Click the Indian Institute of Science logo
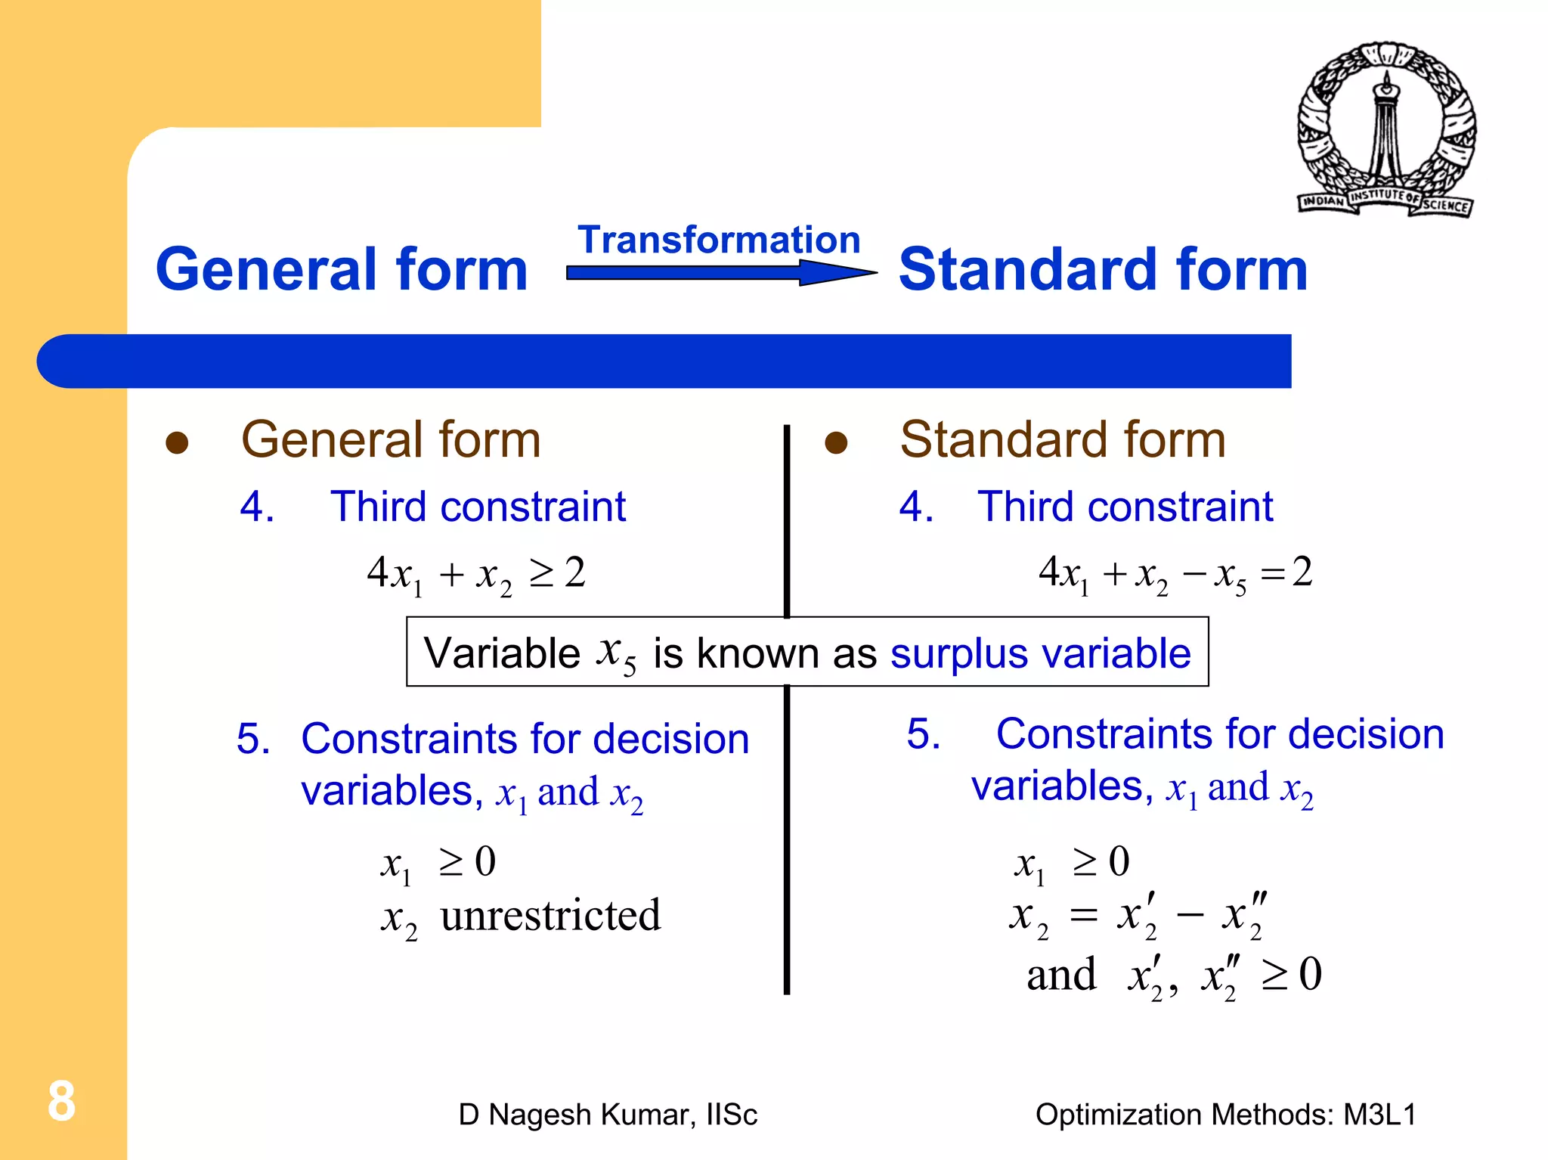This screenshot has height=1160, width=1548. [1387, 129]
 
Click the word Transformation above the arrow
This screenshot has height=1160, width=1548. [719, 240]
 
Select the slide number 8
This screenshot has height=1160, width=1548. [61, 1101]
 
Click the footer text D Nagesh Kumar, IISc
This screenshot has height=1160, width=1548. [607, 1115]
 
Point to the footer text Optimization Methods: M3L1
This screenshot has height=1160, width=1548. [1225, 1115]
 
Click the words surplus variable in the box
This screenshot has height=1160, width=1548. [1040, 653]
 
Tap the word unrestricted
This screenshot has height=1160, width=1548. [550, 916]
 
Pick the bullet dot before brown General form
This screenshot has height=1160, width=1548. [177, 443]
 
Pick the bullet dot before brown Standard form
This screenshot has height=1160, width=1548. [836, 443]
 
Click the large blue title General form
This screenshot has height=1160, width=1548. [342, 269]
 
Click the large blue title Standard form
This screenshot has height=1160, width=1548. [1103, 269]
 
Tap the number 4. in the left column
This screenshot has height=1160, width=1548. [257, 507]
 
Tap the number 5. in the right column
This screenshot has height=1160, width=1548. [924, 734]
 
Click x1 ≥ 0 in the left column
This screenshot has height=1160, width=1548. [438, 863]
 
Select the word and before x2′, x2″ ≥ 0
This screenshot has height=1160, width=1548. [1061, 975]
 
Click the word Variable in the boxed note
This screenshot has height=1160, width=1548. [502, 653]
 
